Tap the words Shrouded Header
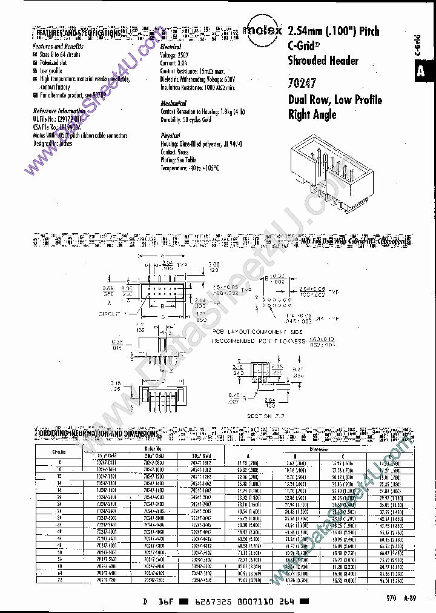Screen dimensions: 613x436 point(323,60)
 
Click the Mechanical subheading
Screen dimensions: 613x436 point(174,104)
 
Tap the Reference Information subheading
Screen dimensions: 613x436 point(59,111)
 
